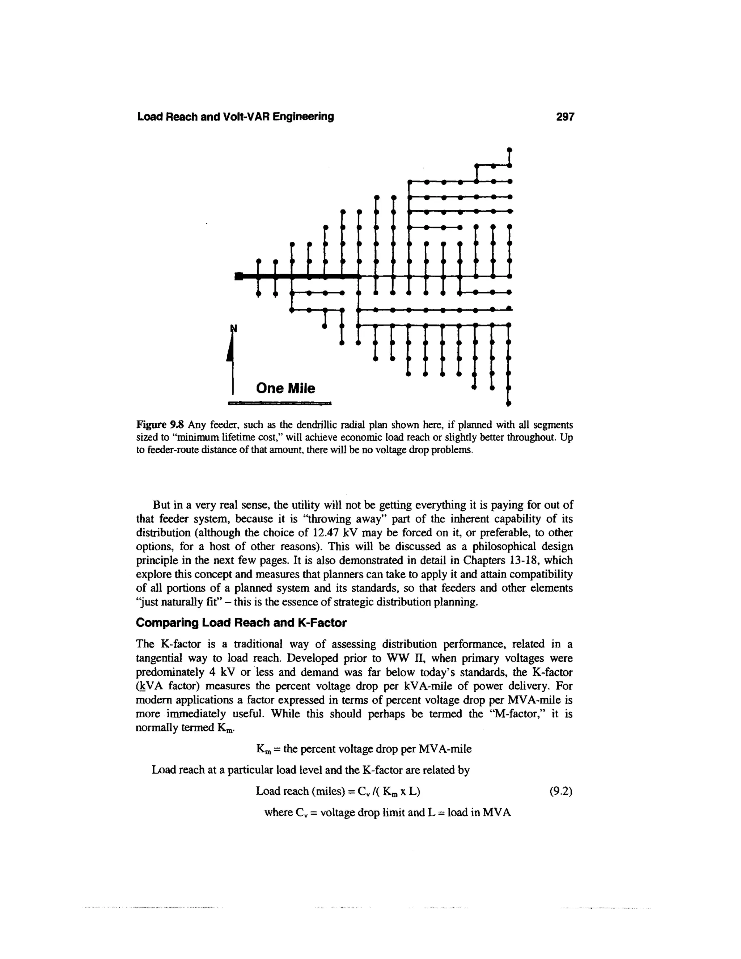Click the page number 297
pos(564,117)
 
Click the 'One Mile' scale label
pos(285,388)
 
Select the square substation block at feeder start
pos(239,276)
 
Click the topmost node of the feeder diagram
pos(509,150)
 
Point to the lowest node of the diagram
pos(509,403)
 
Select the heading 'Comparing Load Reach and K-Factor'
pos(241,623)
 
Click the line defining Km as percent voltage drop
pos(364,749)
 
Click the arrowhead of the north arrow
pos(229,351)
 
